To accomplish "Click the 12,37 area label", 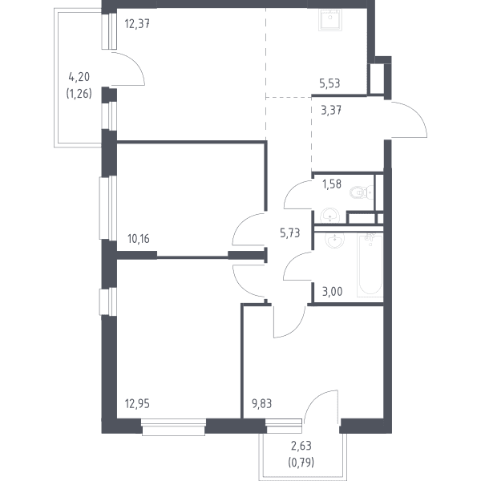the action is pos(137,23).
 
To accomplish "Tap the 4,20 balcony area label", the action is pos(79,77).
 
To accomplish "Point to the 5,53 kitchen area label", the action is pos(329,83).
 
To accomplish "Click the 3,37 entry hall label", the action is pos(331,111).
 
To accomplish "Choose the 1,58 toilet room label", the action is pos(332,184).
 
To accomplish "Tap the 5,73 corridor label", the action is pos(290,233).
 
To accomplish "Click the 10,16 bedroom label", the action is pos(139,238).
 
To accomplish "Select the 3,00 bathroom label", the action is pos(332,292).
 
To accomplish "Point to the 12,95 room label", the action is pos(137,404).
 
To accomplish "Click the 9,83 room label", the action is pos(261,404).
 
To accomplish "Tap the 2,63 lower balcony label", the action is pos(301,446).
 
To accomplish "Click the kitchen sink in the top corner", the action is pos(330,19).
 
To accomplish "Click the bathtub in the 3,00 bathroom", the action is pos(370,265).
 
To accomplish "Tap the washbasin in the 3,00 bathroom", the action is pos(334,240).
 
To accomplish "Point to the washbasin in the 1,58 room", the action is pos(329,216).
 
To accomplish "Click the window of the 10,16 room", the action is pos(107,208).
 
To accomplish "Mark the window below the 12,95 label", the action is pos(174,427).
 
